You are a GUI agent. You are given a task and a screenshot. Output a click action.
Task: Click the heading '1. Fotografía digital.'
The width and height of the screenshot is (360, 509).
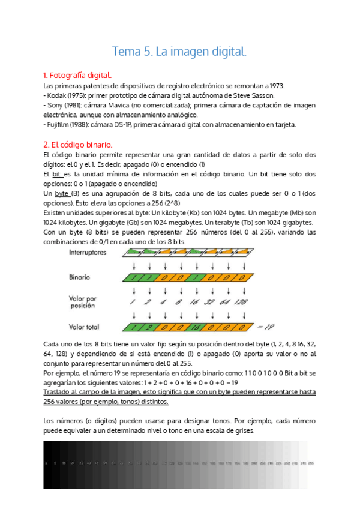pyautogui.click(x=77, y=76)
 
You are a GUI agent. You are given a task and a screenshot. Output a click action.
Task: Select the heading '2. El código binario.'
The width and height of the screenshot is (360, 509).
pyautogui.click(x=77, y=145)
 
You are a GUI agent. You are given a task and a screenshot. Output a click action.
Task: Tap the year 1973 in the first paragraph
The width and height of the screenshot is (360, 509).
pyautogui.click(x=275, y=86)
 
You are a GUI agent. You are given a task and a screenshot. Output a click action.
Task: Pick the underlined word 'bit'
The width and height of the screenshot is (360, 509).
pyautogui.click(x=57, y=174)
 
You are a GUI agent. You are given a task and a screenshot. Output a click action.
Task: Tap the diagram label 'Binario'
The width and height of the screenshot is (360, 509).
pyautogui.click(x=80, y=278)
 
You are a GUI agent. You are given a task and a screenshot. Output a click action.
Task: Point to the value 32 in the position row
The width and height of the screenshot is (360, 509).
pyautogui.click(x=210, y=301)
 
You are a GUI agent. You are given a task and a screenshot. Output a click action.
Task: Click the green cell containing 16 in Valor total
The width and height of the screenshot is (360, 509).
pyautogui.click(x=194, y=327)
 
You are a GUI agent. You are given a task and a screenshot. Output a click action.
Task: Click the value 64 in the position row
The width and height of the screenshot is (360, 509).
pyautogui.click(x=225, y=301)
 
